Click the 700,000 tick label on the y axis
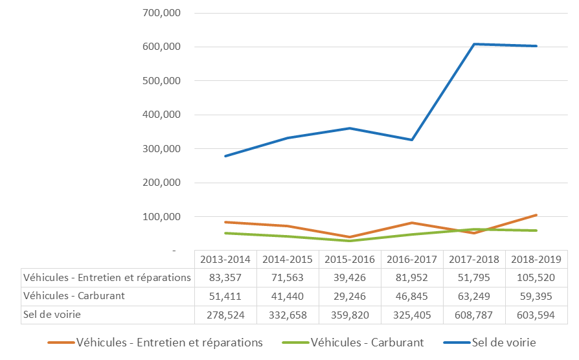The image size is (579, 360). tap(161, 13)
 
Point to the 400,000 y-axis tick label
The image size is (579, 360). tap(161, 115)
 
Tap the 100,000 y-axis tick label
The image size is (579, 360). tap(161, 216)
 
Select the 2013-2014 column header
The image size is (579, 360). tap(225, 259)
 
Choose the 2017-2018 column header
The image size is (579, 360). tap(474, 259)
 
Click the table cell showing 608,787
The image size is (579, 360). tap(474, 315)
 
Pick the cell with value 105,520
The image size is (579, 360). tap(536, 278)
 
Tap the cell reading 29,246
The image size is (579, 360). tap(350, 296)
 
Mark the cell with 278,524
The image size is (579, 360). tap(225, 315)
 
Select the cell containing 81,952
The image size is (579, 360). tap(412, 278)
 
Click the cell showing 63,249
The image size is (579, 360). tap(474, 296)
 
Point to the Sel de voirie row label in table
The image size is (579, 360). tap(52, 315)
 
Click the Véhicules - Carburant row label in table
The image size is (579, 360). tap(73, 296)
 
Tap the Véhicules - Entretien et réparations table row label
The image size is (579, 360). tap(107, 278)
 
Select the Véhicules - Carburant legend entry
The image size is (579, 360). tap(367, 343)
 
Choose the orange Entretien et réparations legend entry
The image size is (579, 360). tap(168, 343)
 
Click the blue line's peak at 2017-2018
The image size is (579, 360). tap(474, 44)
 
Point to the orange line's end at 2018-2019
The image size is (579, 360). tap(536, 215)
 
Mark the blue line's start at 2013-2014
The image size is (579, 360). tap(225, 156)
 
